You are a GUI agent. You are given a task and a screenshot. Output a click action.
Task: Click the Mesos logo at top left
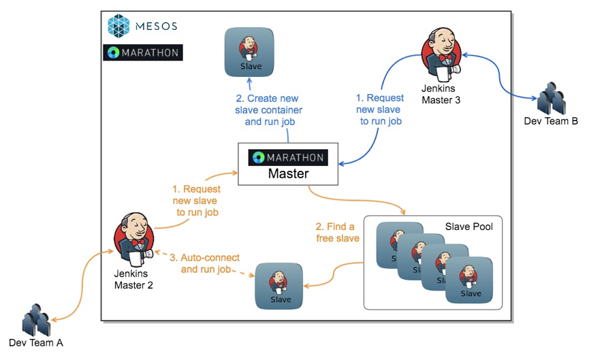(x=142, y=27)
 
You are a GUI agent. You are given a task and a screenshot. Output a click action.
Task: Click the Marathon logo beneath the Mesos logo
(x=142, y=52)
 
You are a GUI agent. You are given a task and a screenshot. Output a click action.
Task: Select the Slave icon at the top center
(x=249, y=52)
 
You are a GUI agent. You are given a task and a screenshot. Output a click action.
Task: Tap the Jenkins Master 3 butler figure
(x=439, y=54)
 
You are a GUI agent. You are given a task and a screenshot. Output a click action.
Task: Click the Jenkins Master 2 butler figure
(x=133, y=239)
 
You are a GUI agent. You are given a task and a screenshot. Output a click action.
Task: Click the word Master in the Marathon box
(x=288, y=174)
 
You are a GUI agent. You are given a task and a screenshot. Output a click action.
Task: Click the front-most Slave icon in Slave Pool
(x=470, y=280)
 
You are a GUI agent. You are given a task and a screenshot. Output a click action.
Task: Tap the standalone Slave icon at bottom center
(x=278, y=286)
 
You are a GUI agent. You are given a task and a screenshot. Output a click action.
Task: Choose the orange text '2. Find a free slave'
(x=335, y=232)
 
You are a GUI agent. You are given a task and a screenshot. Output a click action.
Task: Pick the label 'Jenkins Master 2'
(x=133, y=280)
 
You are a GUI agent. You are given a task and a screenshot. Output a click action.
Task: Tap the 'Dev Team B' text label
(x=551, y=122)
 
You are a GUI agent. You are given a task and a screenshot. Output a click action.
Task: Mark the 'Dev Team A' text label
(x=36, y=343)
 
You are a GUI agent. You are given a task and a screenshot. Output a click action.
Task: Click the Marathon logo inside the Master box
(x=287, y=157)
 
